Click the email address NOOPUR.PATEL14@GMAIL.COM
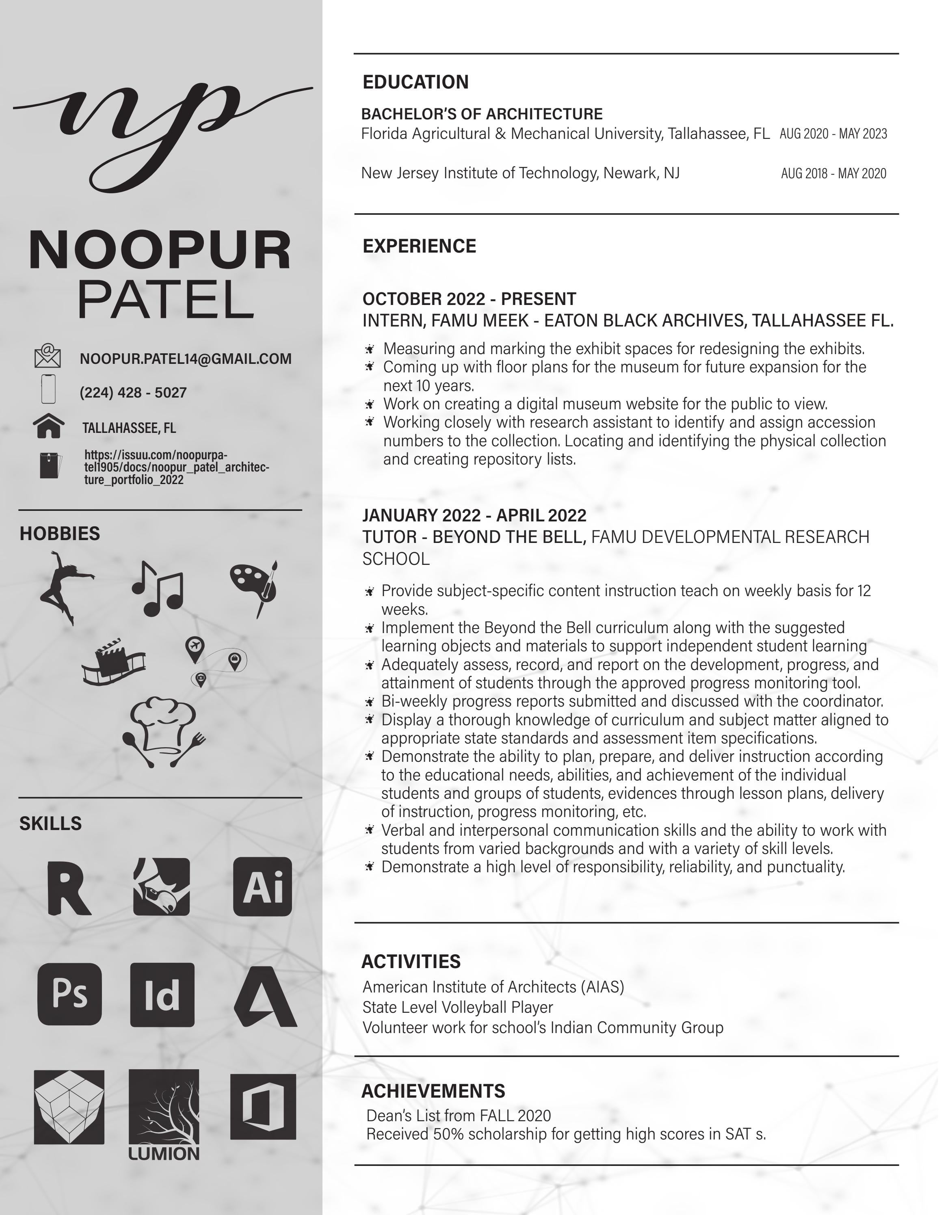pos(185,359)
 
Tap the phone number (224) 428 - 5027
pos(133,393)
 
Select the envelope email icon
pos(48,356)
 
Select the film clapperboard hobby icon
pos(113,662)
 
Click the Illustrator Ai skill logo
pos(262,887)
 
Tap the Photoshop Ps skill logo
pos(69,994)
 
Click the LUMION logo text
pos(164,1154)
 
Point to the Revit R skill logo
pos(68,888)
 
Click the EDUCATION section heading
pos(415,82)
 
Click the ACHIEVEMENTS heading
pos(433,1091)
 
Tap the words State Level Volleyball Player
pos(457,1007)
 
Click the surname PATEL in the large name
pos(165,299)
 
